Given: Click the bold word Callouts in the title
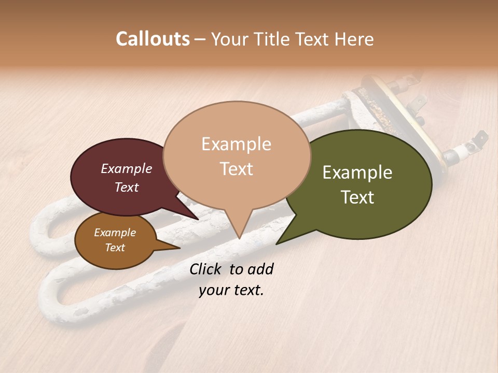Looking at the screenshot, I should click(x=153, y=39).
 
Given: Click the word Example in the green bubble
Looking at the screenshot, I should click(x=357, y=173).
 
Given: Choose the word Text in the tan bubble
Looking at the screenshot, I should click(x=237, y=169).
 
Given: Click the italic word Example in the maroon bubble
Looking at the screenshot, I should click(x=126, y=168).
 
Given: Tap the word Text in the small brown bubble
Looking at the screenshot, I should click(x=115, y=248).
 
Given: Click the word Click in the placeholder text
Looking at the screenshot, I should click(x=206, y=269).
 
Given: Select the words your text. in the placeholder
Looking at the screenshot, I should click(x=231, y=290).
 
